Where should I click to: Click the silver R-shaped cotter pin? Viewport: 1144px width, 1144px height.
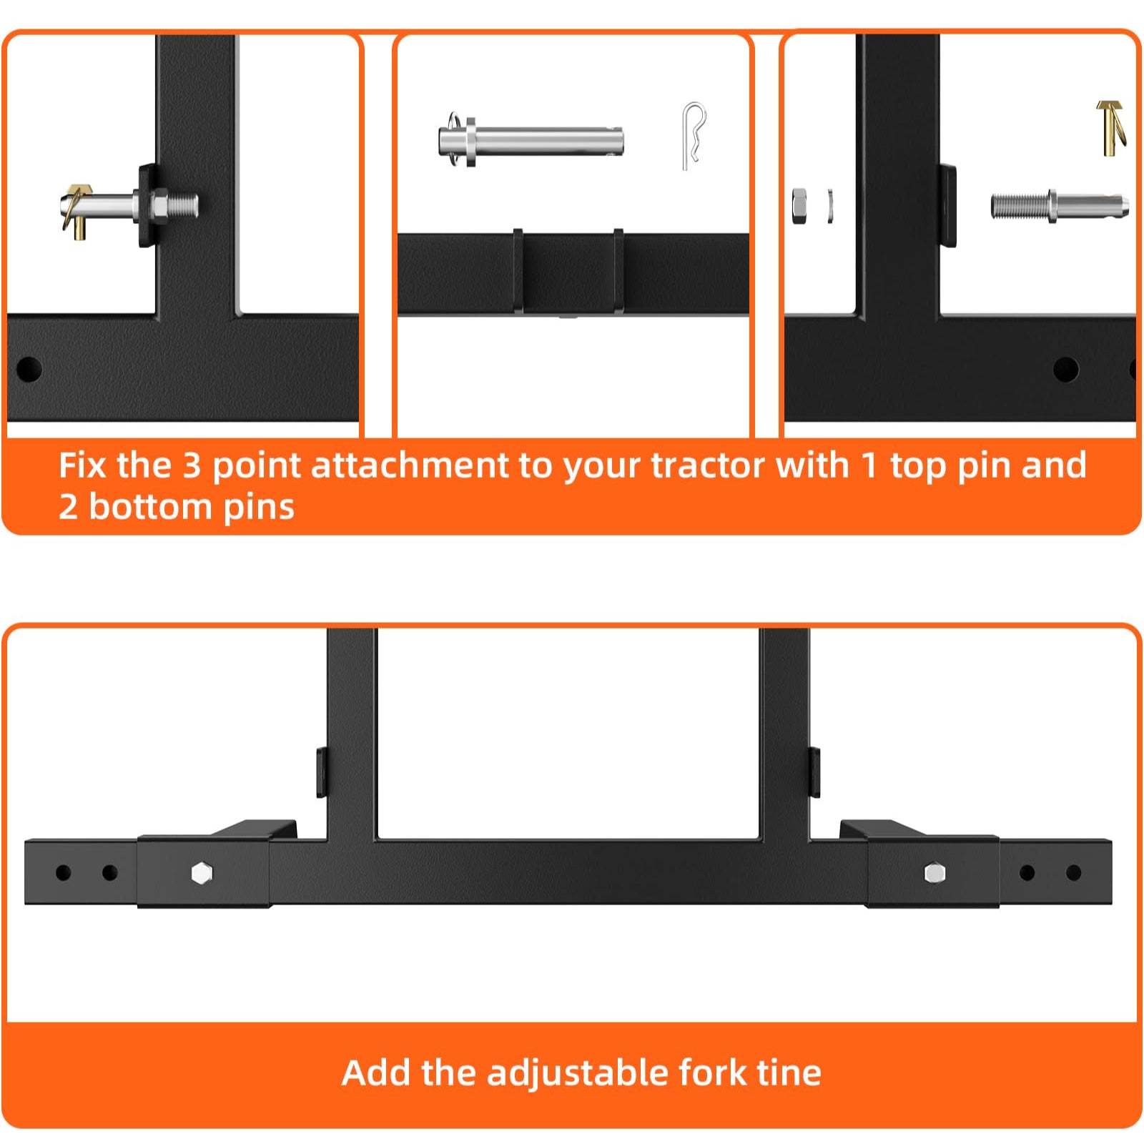[x=691, y=136]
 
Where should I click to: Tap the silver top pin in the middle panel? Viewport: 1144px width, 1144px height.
[x=531, y=140]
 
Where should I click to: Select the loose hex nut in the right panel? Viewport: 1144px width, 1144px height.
[x=799, y=206]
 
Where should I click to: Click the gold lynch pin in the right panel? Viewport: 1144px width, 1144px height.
[x=1110, y=127]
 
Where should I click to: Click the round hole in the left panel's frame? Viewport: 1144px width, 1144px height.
[x=29, y=370]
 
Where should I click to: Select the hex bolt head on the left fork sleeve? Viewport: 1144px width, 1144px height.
[x=202, y=872]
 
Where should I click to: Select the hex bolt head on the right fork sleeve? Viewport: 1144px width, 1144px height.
[x=935, y=872]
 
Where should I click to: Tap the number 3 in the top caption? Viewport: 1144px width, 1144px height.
[x=192, y=465]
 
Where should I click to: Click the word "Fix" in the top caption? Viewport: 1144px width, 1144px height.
[x=82, y=465]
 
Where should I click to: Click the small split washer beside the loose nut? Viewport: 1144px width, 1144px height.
[x=830, y=206]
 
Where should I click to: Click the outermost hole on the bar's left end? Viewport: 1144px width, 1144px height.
[x=63, y=872]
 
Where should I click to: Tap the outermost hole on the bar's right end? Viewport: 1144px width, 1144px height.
[x=1073, y=872]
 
